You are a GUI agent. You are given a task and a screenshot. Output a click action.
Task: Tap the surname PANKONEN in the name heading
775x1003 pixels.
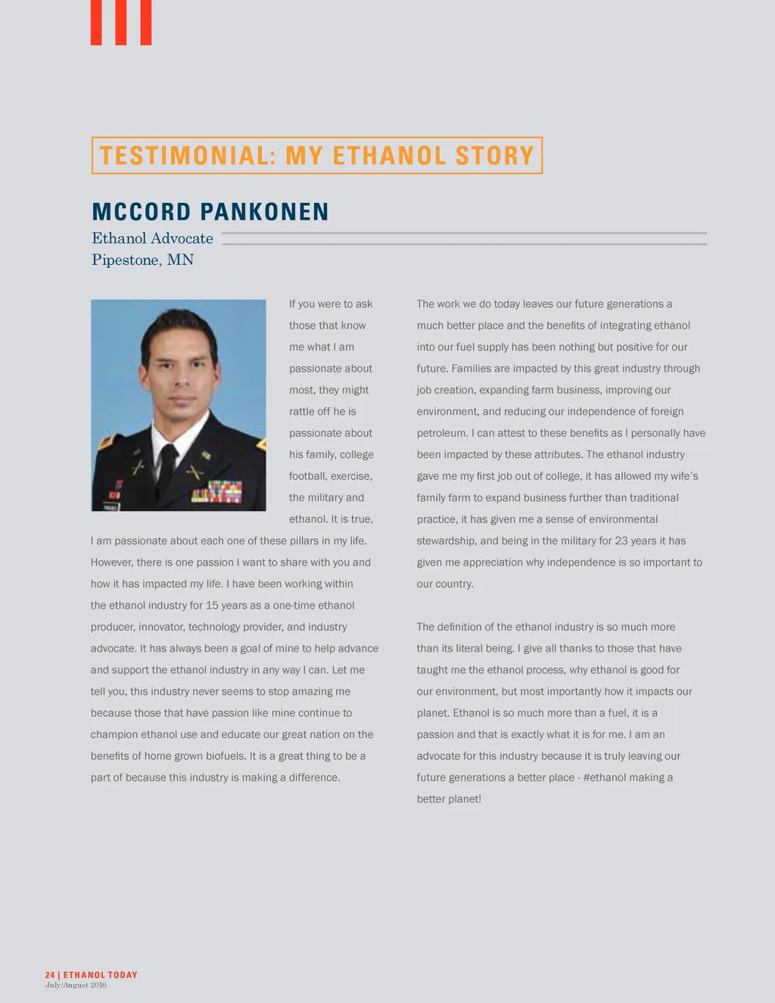point(264,212)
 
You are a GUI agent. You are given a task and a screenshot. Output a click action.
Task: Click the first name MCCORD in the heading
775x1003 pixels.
point(142,212)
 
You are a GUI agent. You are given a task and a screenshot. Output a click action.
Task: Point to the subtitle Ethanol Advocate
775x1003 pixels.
point(152,238)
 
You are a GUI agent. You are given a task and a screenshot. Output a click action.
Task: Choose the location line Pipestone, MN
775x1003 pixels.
point(142,260)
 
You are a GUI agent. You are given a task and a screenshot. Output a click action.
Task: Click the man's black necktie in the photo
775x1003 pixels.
point(167,463)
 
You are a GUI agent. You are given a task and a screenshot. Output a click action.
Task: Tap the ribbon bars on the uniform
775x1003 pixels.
point(217,491)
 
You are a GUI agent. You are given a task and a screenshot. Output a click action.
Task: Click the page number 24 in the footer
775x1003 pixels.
point(50,975)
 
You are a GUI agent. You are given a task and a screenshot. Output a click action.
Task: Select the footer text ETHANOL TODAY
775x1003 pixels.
point(101,975)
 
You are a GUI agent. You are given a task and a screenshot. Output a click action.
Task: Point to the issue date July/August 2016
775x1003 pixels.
point(76,985)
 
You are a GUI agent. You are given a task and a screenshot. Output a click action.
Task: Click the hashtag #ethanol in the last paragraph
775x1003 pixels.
point(605,777)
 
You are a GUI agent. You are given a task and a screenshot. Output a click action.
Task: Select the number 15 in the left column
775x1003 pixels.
point(212,606)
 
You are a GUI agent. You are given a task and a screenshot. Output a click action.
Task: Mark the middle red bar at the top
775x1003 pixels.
point(121,22)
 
